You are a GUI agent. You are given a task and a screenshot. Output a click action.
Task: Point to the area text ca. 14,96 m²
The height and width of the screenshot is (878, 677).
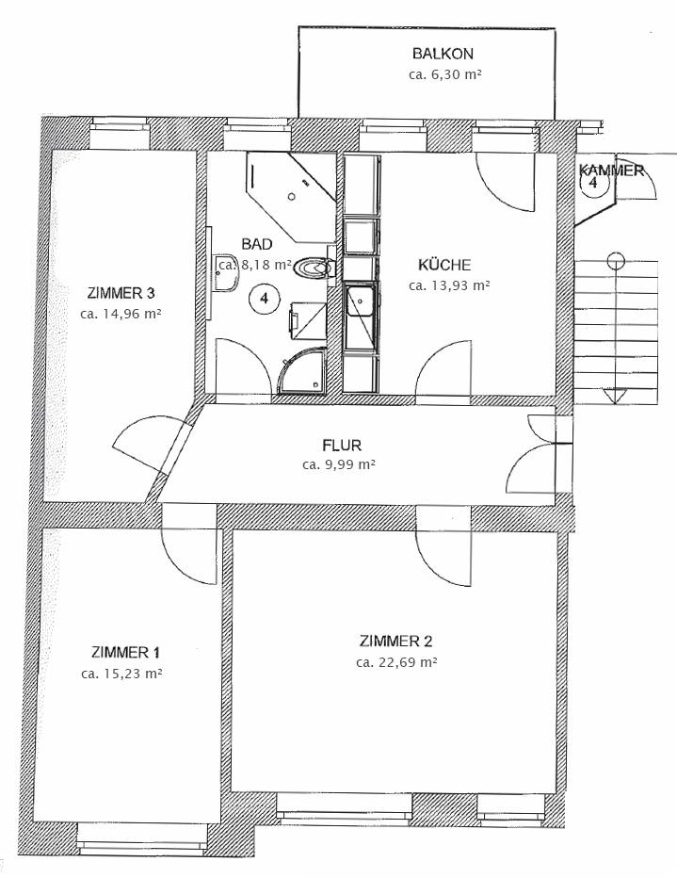tap(121, 313)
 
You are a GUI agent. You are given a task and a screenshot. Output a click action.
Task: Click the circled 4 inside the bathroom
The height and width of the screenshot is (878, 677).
tap(264, 300)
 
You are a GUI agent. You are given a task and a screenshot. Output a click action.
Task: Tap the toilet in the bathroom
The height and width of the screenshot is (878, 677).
tap(314, 269)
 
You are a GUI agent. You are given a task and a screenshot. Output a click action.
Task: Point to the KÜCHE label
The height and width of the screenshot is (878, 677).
tap(444, 265)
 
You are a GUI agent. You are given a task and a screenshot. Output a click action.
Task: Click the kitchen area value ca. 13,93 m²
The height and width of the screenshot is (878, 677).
tap(449, 285)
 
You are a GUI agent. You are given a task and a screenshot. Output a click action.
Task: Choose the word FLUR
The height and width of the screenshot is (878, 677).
tap(341, 446)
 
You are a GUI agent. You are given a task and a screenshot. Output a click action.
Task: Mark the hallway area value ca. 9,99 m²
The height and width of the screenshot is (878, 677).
tap(339, 464)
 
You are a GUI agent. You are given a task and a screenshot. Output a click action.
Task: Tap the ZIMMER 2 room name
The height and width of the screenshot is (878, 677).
tap(395, 642)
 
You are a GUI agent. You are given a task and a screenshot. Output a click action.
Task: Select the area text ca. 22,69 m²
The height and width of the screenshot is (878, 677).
tap(396, 662)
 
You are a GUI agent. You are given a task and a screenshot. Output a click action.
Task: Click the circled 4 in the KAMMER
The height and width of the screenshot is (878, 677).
tap(593, 184)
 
